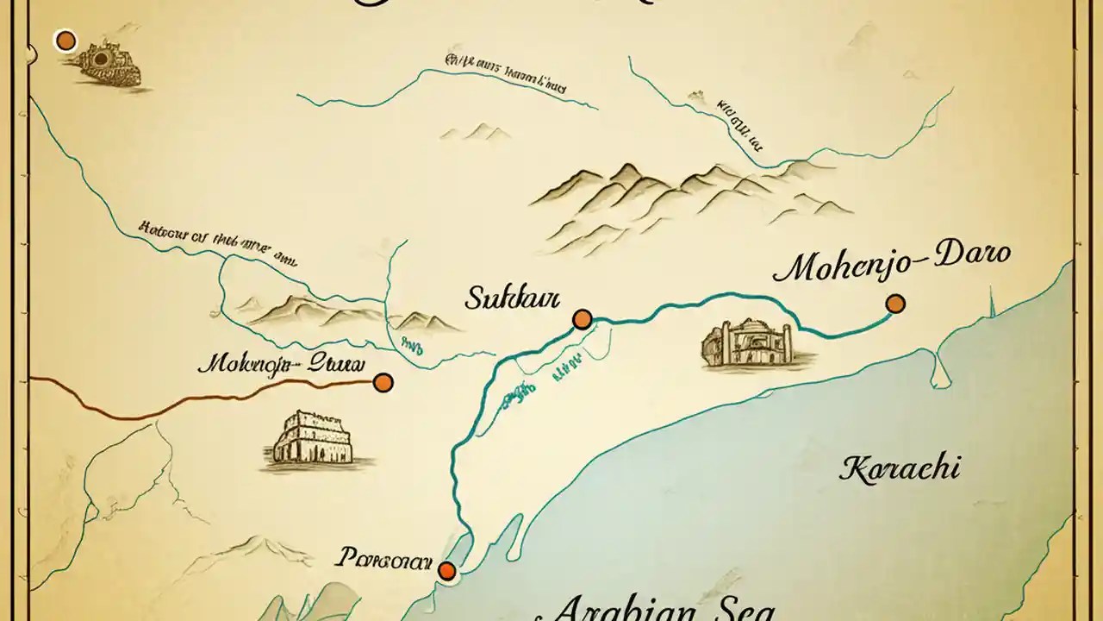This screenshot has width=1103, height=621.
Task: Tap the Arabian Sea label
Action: click(x=664, y=607)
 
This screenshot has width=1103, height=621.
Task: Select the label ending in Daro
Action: click(x=892, y=265)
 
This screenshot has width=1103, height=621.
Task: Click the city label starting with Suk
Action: click(x=512, y=299)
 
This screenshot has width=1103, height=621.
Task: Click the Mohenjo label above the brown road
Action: click(x=281, y=363)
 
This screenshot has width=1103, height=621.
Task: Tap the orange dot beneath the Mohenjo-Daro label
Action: click(x=895, y=304)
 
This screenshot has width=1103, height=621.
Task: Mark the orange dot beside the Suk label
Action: click(x=583, y=320)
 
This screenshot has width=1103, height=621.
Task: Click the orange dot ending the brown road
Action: click(x=383, y=382)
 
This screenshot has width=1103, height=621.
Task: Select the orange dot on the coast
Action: click(x=446, y=570)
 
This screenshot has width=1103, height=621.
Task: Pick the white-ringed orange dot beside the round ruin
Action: click(x=65, y=41)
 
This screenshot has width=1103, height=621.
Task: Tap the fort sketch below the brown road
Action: click(x=313, y=439)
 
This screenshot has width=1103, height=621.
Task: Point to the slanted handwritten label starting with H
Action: click(x=215, y=242)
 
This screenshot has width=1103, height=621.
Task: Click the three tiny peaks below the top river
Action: click(x=474, y=132)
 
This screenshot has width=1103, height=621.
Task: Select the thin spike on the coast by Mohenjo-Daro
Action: click(x=992, y=302)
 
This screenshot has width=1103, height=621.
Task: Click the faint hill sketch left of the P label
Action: click(x=250, y=549)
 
